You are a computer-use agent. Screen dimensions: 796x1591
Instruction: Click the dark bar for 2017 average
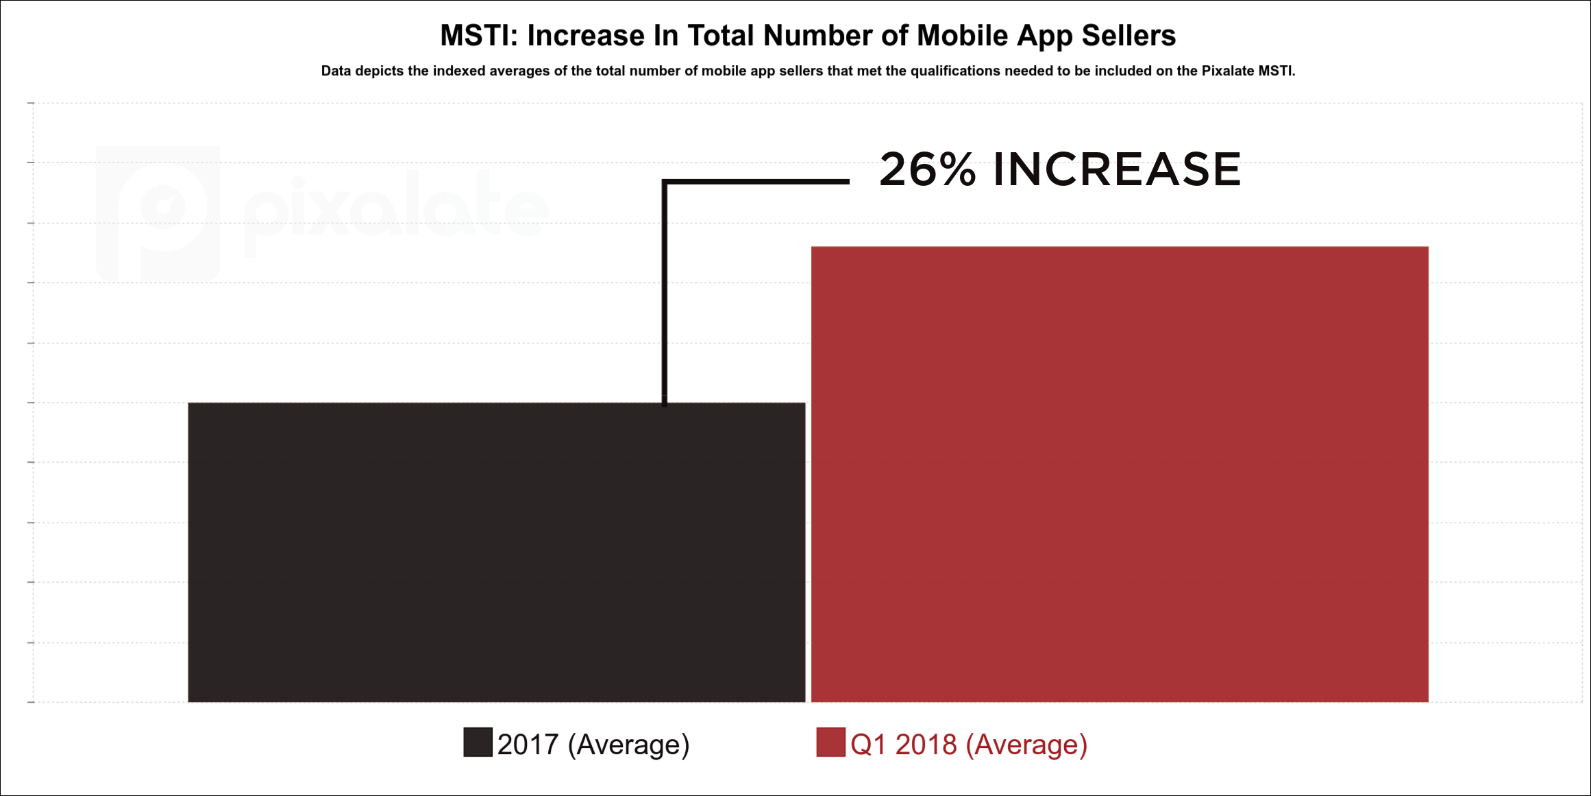pos(496,552)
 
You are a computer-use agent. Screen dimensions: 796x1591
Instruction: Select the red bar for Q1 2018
pos(1120,474)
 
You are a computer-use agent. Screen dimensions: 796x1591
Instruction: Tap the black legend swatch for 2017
pos(478,743)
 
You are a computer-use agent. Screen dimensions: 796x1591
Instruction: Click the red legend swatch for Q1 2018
pos(830,743)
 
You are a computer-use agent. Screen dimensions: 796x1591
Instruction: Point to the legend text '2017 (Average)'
pos(593,745)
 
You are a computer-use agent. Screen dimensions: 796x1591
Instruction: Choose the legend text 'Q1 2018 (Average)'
pos(969,745)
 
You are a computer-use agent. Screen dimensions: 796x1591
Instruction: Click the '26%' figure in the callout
pos(927,169)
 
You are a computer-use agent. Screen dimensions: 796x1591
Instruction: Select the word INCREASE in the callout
pos(1117,169)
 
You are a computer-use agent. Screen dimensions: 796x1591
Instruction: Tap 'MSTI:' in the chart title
pos(479,36)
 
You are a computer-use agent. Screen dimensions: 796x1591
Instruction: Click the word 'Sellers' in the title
pos(1128,36)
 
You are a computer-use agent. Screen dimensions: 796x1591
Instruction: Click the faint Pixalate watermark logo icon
pos(159,213)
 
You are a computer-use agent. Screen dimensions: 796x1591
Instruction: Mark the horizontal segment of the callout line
pos(757,182)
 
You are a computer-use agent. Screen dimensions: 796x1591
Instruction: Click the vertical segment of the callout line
pos(665,295)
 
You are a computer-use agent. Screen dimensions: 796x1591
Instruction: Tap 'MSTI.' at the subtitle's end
pos(1276,71)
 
